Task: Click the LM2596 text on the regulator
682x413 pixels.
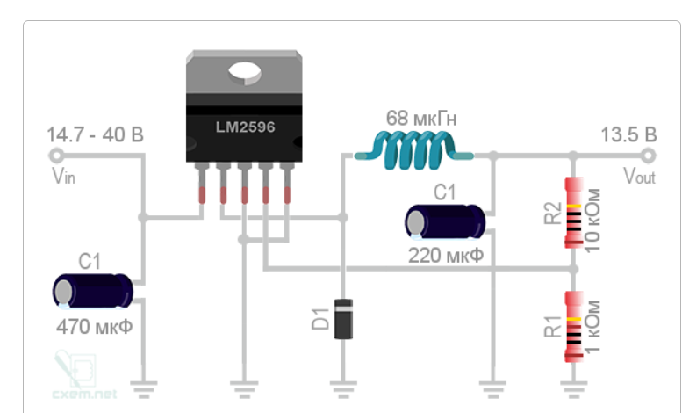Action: pyautogui.click(x=246, y=127)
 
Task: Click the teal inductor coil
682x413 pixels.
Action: pyautogui.click(x=413, y=150)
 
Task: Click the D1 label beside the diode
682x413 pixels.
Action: pyautogui.click(x=320, y=319)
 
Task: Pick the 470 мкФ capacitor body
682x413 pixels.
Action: pyautogui.click(x=93, y=291)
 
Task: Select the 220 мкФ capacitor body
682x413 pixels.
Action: pyautogui.click(x=445, y=221)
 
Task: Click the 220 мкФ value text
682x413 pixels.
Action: pyautogui.click(x=445, y=257)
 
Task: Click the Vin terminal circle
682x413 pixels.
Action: pyautogui.click(x=55, y=156)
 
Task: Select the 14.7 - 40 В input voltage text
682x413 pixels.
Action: pyautogui.click(x=96, y=135)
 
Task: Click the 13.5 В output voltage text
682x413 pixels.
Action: pyautogui.click(x=628, y=135)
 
